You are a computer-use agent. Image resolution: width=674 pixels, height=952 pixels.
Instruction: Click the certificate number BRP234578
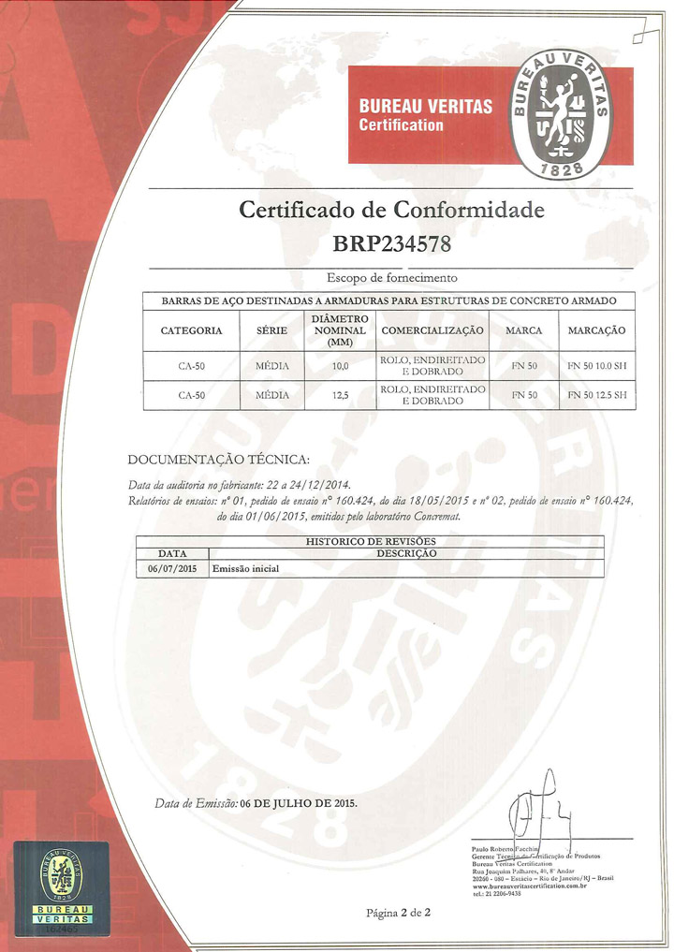(x=391, y=245)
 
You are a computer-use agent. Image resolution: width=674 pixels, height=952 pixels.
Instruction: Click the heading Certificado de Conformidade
(x=391, y=210)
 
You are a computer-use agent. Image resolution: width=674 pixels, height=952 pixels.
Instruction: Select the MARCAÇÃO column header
(x=596, y=330)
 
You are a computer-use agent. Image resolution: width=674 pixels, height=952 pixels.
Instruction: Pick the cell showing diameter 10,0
(x=340, y=366)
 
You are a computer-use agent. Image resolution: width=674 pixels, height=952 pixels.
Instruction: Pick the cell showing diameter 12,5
(x=340, y=395)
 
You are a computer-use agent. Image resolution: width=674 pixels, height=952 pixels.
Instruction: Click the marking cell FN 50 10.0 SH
(x=596, y=366)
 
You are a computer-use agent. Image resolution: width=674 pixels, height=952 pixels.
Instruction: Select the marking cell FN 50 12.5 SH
(x=596, y=395)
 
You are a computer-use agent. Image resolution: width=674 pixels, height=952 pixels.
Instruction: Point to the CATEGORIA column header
(x=191, y=330)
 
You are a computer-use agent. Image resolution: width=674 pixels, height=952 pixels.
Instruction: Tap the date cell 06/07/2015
(x=171, y=568)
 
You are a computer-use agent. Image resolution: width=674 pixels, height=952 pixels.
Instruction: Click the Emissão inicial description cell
(x=246, y=568)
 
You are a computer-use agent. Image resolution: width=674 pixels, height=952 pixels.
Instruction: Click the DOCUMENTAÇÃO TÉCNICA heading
(x=217, y=459)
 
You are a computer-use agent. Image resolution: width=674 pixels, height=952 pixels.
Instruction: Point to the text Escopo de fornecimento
(x=391, y=278)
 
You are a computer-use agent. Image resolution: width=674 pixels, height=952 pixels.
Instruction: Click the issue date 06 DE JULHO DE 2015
(x=298, y=803)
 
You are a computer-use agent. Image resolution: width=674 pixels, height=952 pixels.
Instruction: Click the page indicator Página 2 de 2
(x=398, y=913)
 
